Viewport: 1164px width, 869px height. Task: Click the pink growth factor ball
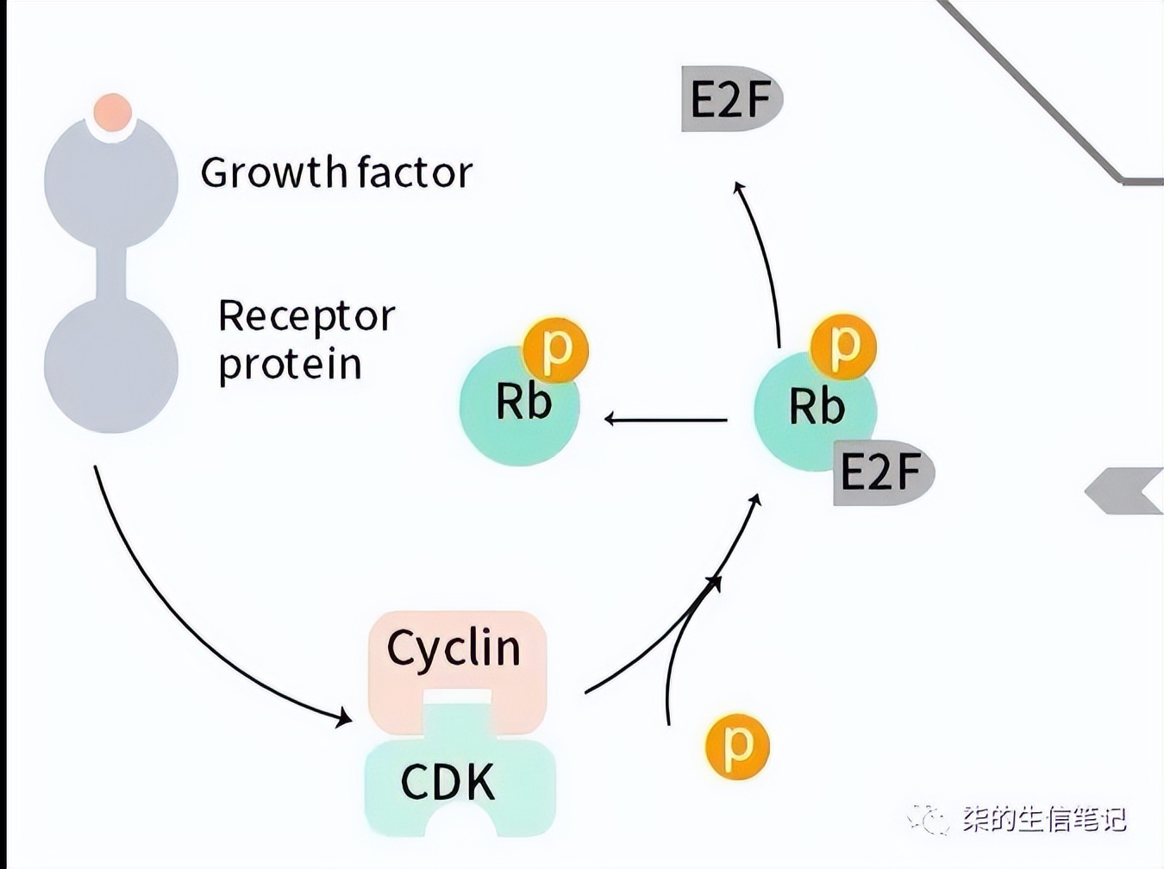pos(112,112)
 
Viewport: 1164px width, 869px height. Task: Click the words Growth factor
pos(336,172)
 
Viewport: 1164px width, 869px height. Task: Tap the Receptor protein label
pos(305,340)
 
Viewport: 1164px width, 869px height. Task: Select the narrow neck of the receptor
pos(111,273)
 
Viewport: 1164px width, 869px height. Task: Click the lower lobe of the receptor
pos(110,366)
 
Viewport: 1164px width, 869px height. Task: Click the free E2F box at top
pos(730,99)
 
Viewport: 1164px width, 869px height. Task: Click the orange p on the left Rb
pos(555,350)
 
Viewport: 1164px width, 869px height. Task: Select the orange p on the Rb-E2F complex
pos(843,347)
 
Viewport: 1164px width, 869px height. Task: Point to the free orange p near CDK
pos(737,746)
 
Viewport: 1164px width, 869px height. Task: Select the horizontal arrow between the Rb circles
pos(666,420)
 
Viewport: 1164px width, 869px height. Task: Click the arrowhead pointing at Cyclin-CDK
pos(343,716)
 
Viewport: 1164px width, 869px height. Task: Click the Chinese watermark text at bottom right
pos(1043,818)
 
